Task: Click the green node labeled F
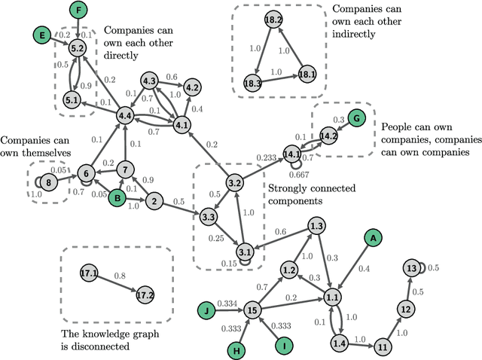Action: point(78,11)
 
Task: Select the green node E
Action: point(44,35)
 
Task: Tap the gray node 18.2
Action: point(273,20)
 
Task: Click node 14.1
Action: point(291,154)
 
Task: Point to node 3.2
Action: point(234,182)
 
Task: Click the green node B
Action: point(117,198)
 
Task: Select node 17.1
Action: point(89,274)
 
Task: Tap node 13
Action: point(410,268)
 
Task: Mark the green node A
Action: point(371,237)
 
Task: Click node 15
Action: point(253,309)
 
